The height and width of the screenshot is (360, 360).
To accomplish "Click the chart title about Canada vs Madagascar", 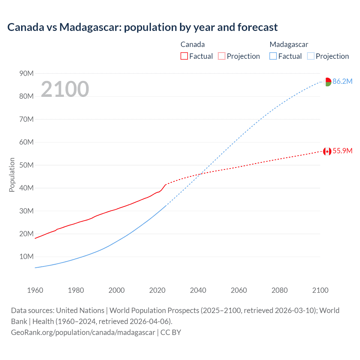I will pos(142,27).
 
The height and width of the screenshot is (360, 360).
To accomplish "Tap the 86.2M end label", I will pos(342,81).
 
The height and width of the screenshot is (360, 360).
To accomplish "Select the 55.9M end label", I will pos(342,151).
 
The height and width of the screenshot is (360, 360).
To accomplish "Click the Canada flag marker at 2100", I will pos(327,151).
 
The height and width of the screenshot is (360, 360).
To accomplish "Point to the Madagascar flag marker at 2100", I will pos(327,82).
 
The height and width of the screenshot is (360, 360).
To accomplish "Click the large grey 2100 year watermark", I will pos(65,89).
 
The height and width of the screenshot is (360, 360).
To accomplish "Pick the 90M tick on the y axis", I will pos(26,73).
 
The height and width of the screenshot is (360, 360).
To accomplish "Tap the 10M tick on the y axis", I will pos(26,256).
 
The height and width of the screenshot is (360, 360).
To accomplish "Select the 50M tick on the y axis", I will pos(26,165).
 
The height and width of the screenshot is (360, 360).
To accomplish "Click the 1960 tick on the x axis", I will pos(35,290).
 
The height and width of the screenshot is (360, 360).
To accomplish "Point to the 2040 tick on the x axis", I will pos(198,290).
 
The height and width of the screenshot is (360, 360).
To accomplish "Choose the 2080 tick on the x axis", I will pos(280,290).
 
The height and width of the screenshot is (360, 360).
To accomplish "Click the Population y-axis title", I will pos(12,175).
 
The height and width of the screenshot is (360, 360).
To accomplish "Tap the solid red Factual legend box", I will pos(184,56).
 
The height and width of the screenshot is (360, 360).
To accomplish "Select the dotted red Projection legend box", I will pos(222,56).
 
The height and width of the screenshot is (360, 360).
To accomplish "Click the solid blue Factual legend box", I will pos(273,56).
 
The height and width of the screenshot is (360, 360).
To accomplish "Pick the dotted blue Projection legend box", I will pos(310,56).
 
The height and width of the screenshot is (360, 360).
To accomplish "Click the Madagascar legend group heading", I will pos(289,44).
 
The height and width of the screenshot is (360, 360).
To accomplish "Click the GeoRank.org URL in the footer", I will pos(83,332).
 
